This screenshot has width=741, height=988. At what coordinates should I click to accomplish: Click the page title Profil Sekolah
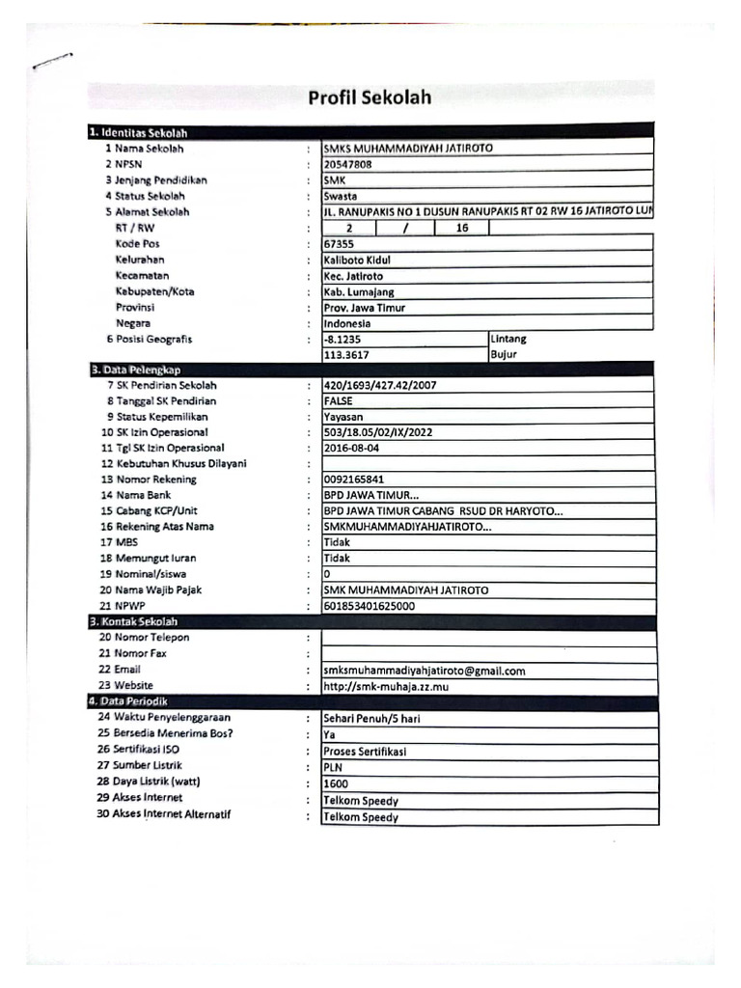(370, 97)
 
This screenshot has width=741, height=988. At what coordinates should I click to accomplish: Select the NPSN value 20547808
(347, 165)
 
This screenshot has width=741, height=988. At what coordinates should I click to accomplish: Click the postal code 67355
(340, 244)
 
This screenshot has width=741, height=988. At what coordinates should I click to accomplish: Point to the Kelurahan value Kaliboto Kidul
(357, 261)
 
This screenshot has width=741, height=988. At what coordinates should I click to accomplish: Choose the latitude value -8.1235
(343, 340)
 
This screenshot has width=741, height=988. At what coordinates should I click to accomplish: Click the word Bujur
(504, 355)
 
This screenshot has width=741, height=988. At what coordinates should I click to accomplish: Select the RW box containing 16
(461, 229)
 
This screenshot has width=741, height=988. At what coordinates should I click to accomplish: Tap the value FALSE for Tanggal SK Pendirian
(339, 401)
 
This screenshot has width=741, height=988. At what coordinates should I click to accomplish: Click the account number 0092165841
(354, 480)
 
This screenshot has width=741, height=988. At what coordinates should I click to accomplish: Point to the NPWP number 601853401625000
(370, 606)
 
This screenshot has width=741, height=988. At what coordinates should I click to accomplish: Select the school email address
(425, 671)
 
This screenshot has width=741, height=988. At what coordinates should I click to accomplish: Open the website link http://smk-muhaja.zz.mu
(386, 687)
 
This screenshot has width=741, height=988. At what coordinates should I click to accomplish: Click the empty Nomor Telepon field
(488, 638)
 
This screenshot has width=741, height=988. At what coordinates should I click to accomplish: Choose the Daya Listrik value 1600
(336, 784)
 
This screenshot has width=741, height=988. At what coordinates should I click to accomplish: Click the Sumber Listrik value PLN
(334, 768)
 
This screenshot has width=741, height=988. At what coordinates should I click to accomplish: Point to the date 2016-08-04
(352, 449)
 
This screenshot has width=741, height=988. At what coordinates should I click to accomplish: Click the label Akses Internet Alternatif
(172, 814)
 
